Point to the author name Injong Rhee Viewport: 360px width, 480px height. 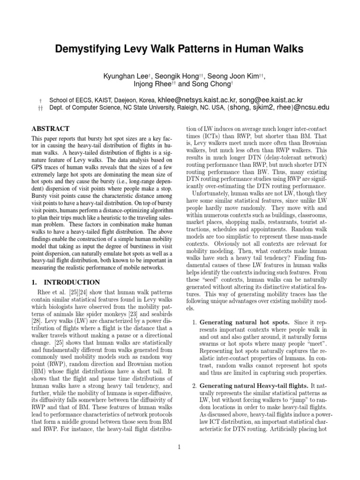(x=150, y=84)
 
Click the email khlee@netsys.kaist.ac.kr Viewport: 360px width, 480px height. (x=197, y=100)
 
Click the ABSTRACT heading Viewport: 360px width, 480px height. (x=50, y=128)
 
